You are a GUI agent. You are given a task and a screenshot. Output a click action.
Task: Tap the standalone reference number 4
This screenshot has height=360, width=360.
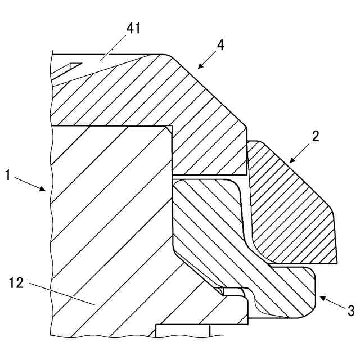pos(221,45)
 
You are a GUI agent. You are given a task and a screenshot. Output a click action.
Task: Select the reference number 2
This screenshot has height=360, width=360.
pos(316,136)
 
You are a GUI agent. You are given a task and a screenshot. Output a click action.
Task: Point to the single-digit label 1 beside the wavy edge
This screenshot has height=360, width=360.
pos(8,175)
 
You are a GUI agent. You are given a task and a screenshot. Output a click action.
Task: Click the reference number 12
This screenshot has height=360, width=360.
pos(17,283)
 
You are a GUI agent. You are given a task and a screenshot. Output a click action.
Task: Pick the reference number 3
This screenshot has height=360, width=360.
pos(350,310)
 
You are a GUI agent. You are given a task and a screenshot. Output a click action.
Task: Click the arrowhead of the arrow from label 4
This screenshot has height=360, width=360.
pos(199,67)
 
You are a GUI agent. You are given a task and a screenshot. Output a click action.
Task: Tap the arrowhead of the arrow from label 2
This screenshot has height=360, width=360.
pos(291,161)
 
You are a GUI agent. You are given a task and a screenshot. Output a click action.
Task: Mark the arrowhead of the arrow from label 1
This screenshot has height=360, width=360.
pos(44,191)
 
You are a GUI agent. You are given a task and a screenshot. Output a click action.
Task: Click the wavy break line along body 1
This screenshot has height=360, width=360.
pos(51,225)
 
